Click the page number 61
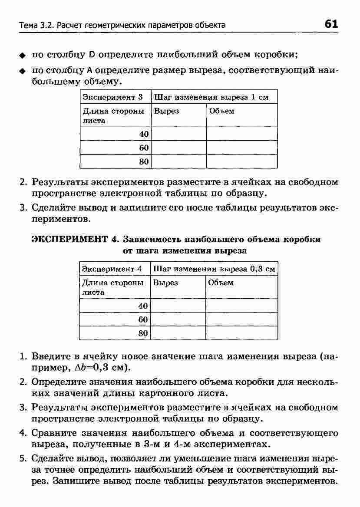(x=331, y=24)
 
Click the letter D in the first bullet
(x=92, y=55)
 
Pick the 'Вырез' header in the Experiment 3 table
(x=167, y=111)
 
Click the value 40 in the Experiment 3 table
(x=144, y=134)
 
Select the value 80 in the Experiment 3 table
(x=144, y=162)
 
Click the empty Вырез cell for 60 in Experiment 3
(x=178, y=148)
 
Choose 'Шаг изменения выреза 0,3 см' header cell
(x=214, y=269)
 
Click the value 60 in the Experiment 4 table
(x=143, y=319)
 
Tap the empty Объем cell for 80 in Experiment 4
(x=241, y=333)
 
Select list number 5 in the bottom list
(x=23, y=458)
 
